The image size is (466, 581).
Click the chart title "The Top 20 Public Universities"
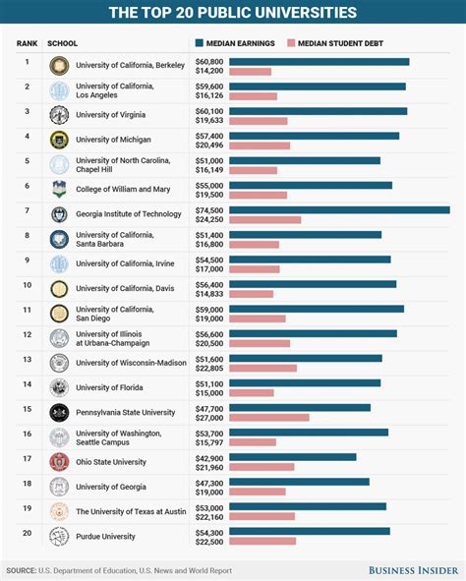tap(233, 13)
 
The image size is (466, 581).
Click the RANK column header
tap(27, 44)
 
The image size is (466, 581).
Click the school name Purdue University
tap(105, 536)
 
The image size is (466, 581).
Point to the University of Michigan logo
tap(59, 140)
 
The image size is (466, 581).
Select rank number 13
tap(28, 359)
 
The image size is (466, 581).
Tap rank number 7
tap(28, 210)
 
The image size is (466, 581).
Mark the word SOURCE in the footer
tap(22, 570)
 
